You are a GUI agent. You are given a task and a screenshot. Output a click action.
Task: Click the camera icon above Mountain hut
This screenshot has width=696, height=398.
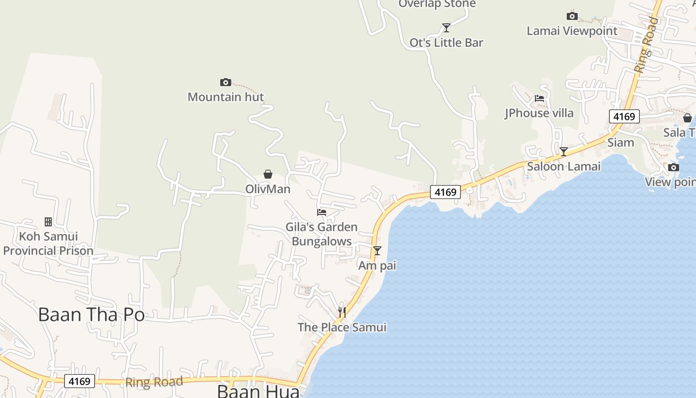pos(225,82)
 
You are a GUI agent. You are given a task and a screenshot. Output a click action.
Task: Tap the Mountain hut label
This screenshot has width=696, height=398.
pos(226,97)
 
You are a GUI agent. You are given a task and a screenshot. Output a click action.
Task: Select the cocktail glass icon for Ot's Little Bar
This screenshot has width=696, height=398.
pos(446,28)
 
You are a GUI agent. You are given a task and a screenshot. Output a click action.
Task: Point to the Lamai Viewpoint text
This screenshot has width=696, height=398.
pos(572,31)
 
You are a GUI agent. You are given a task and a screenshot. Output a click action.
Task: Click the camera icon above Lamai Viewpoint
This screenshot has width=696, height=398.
pos(572,16)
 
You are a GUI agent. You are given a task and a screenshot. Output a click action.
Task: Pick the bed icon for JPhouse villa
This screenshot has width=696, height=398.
pos(539,99)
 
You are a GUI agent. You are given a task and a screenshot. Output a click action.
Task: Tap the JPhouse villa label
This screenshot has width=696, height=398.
pos(539,113)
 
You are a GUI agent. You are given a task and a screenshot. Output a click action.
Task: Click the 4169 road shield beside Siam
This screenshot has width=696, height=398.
pos(624,116)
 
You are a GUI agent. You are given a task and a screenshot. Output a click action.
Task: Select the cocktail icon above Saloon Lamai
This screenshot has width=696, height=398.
pos(563,152)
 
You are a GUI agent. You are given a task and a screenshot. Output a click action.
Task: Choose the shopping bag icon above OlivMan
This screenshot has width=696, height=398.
pos(268,174)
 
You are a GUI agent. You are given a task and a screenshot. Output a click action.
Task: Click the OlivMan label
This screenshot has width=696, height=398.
pos(268,189)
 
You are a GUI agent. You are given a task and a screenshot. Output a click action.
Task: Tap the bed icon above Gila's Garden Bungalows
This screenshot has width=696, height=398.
pos(322,212)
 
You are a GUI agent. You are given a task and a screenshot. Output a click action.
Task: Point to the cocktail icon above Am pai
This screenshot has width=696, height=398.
pos(377,250)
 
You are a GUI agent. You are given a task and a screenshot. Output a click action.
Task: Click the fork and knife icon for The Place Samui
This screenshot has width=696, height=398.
pos(342,312)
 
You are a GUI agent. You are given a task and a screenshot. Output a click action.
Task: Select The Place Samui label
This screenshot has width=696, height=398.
pos(342,327)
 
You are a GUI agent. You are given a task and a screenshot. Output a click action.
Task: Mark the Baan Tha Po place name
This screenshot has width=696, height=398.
pos(91,315)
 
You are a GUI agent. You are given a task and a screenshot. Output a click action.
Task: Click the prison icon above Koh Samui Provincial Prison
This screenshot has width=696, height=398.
pos(48,221)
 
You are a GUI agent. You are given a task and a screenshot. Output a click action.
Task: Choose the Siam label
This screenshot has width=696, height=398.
pos(621,143)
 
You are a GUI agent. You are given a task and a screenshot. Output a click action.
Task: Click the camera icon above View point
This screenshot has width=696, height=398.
pos(674,167)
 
